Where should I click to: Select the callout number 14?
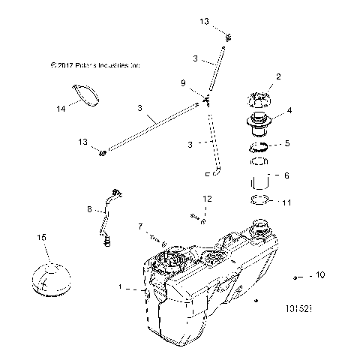point(61,109)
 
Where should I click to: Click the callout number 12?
point(208,199)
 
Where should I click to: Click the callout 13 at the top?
point(205,22)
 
